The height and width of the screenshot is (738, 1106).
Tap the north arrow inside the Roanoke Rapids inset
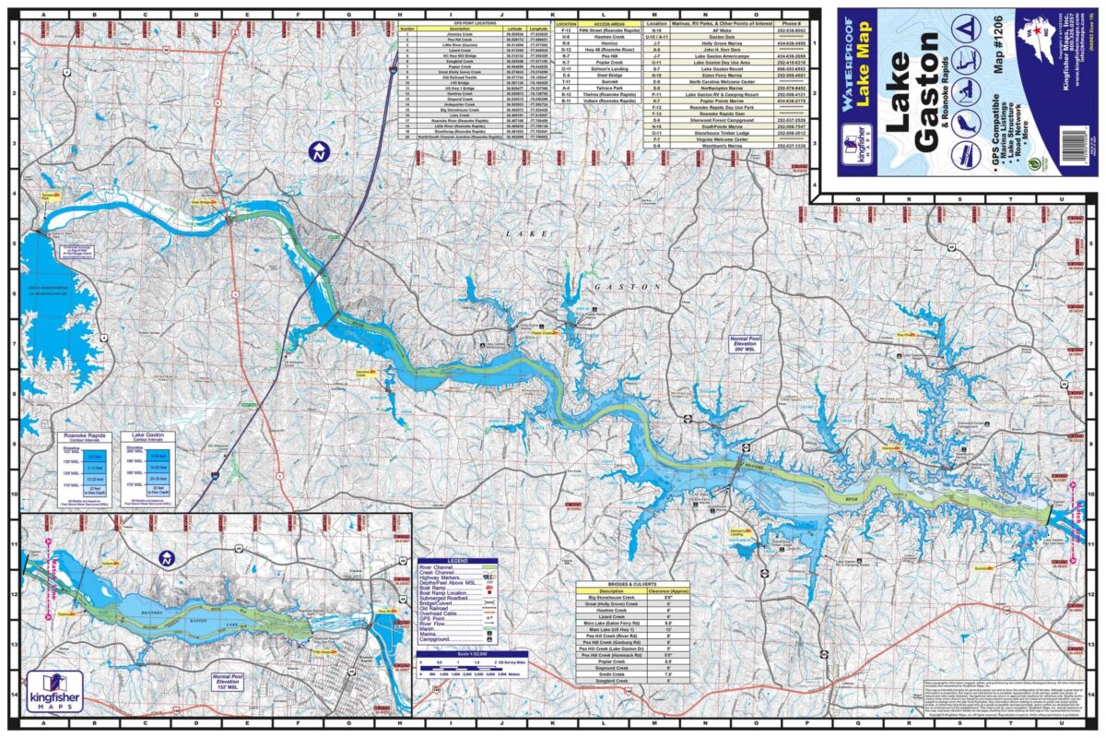[167, 557]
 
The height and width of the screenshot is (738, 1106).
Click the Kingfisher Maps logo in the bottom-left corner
[55, 691]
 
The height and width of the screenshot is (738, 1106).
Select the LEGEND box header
[457, 561]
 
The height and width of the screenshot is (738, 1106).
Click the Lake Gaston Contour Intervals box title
[150, 436]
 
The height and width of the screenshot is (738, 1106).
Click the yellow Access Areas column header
[609, 24]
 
